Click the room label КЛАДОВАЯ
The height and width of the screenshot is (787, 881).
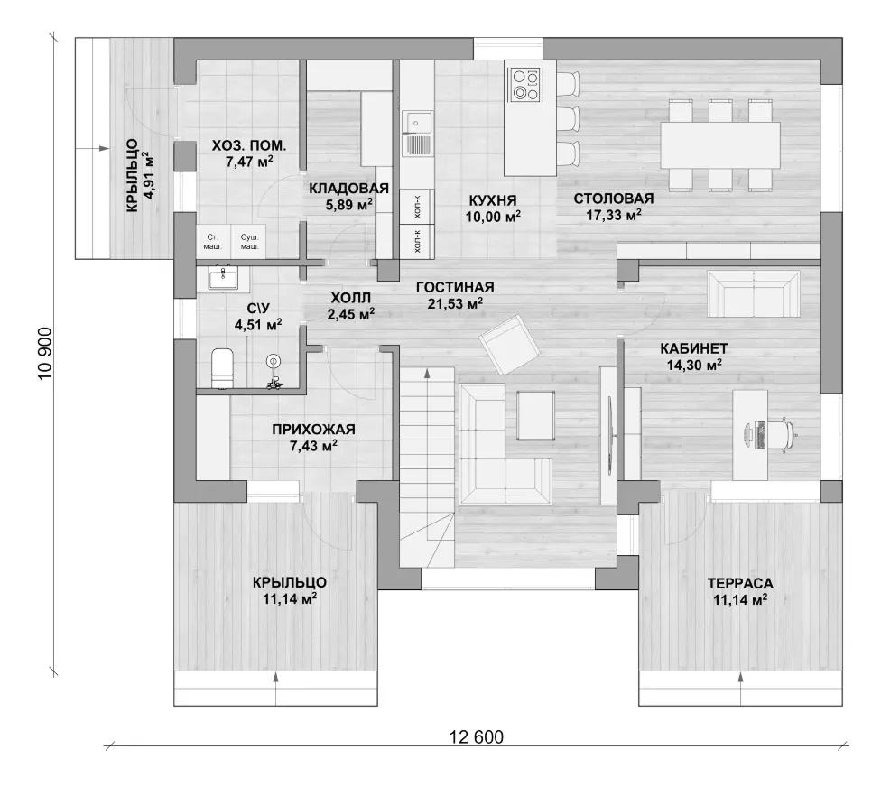coord(348,189)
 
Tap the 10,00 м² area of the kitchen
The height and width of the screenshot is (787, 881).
coord(493,217)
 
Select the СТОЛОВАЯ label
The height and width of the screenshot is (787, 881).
coord(614,199)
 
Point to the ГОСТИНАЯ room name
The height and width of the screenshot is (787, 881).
coord(455,287)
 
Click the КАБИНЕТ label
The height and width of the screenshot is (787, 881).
coord(694,348)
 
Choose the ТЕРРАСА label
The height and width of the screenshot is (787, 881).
coord(740,583)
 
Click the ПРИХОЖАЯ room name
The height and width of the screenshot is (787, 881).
coord(313,430)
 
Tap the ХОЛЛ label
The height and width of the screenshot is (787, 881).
coord(350,297)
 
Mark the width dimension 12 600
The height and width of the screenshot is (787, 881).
coord(477,736)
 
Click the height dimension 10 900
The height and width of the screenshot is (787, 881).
coord(44,353)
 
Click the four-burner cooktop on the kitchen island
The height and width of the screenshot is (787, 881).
coord(524,84)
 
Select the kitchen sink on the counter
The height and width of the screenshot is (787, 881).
coord(417,134)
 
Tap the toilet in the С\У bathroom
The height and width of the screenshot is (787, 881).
coord(222,367)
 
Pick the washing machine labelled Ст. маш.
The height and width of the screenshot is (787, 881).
coord(213,242)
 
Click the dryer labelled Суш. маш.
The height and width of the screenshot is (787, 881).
coord(249,242)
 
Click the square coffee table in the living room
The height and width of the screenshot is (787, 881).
coord(535,415)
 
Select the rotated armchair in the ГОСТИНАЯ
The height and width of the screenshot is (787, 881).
coord(509,345)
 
